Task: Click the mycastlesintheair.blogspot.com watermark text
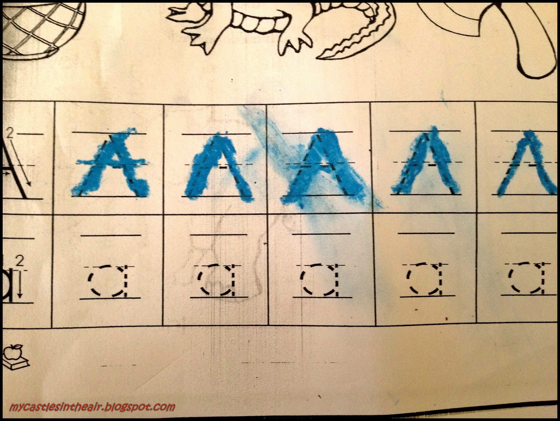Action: pos(92,407)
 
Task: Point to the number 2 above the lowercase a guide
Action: pos(20,261)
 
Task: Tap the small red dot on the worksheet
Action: pos(446,318)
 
